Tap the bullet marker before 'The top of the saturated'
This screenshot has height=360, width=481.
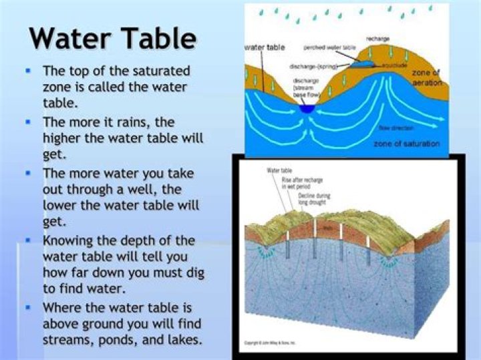27,69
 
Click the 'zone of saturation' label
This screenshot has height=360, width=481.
406,144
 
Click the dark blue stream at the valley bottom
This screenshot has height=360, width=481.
307,108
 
